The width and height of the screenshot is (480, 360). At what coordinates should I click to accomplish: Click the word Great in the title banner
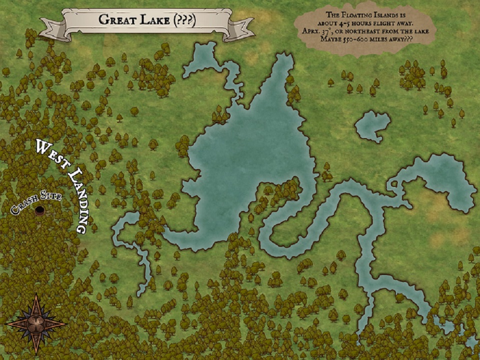[x=117, y=20]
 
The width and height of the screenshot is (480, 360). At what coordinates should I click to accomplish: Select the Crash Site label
[x=35, y=202]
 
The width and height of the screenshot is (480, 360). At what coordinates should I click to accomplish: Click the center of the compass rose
[x=36, y=323]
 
